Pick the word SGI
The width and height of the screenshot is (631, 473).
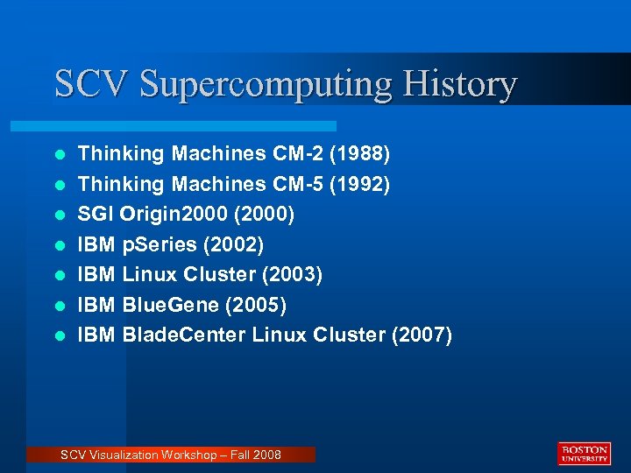click(96, 215)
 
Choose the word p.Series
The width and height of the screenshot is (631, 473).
click(161, 244)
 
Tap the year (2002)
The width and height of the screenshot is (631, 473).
click(232, 244)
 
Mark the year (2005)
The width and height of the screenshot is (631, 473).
click(256, 305)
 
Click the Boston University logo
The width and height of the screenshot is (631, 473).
click(584, 453)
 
